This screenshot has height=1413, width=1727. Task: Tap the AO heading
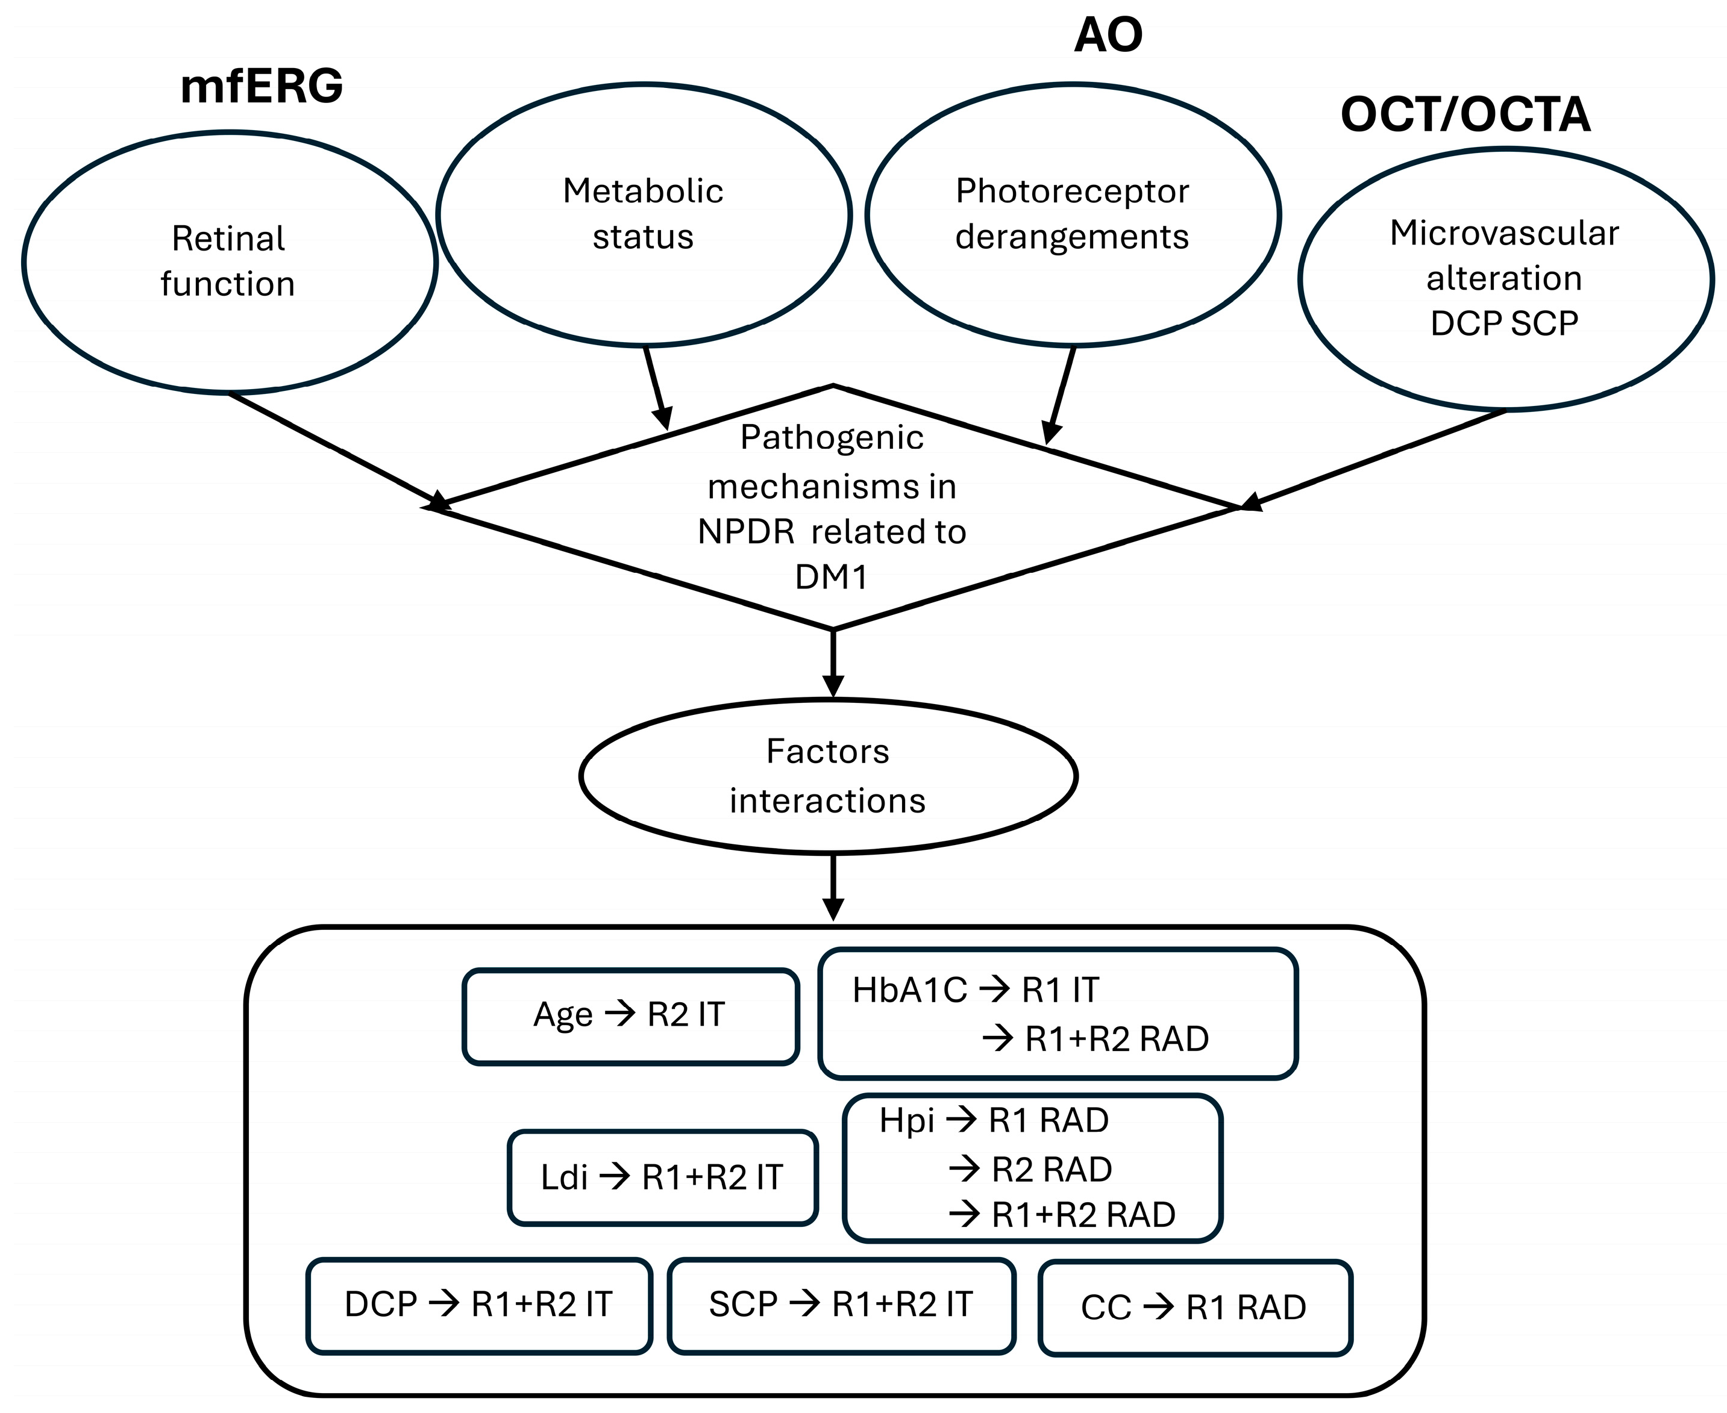click(x=1108, y=36)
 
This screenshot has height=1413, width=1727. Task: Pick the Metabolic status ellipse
click(x=643, y=214)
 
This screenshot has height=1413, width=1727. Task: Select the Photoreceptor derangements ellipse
click(x=1071, y=214)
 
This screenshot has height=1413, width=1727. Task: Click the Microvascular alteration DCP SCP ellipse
click(x=1504, y=278)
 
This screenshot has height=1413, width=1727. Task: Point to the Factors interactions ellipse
click(x=828, y=776)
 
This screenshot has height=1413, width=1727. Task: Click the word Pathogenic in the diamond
click(x=832, y=438)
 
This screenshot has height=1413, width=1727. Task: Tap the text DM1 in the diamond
click(x=832, y=577)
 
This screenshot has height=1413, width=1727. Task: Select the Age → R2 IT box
click(x=630, y=1015)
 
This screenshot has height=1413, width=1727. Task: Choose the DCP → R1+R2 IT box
click(x=479, y=1305)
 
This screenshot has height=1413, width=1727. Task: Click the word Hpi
click(x=906, y=1121)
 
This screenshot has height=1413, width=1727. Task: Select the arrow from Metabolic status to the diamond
click(x=656, y=387)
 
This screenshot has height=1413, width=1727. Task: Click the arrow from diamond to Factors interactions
click(x=832, y=663)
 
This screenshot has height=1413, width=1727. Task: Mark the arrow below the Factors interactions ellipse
click(x=832, y=887)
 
